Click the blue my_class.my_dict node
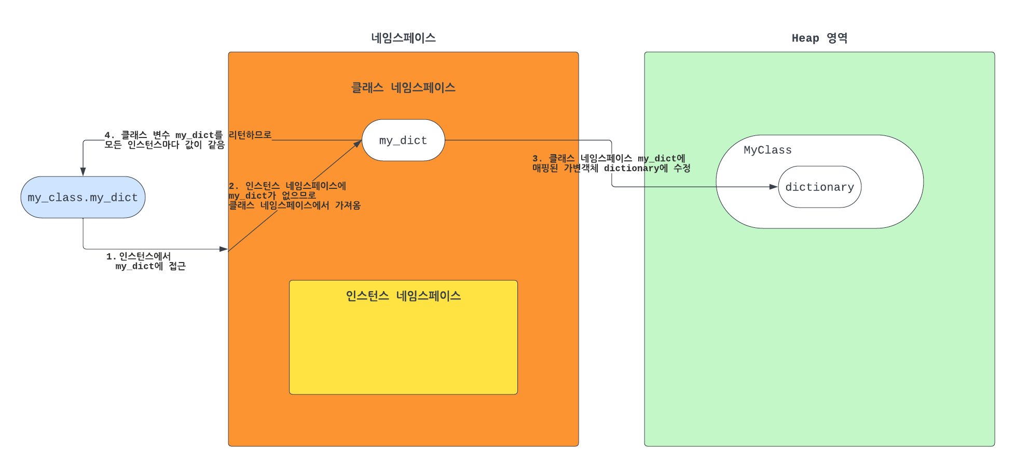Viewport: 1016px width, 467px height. (83, 197)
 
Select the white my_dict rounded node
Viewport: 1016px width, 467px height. (403, 140)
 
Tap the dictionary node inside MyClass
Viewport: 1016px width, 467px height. (819, 187)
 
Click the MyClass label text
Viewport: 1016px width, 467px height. (767, 150)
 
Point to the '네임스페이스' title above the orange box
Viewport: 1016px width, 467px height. (403, 38)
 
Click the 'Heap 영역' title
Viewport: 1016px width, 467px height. (819, 38)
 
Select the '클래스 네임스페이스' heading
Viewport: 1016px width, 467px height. (403, 88)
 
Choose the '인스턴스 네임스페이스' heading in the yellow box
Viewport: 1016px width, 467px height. (403, 296)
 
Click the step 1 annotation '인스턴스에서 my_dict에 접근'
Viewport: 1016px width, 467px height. (146, 261)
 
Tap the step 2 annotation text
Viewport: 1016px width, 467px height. (294, 196)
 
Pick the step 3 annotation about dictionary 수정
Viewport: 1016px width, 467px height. (611, 163)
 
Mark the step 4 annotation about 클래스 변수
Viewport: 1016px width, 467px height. (188, 140)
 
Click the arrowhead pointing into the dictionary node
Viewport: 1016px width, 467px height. (774, 187)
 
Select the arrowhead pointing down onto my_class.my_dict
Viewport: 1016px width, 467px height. (83, 172)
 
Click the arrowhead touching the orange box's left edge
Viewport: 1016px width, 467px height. (224, 249)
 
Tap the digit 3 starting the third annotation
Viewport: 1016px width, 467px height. (536, 158)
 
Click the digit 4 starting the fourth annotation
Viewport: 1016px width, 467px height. (107, 135)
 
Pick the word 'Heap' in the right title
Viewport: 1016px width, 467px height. (805, 38)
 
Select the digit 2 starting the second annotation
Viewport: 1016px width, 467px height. (231, 186)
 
